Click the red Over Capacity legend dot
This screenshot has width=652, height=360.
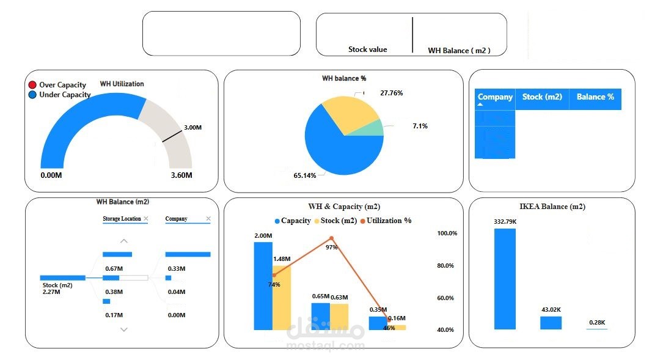click(x=32, y=85)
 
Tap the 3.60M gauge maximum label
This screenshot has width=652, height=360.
click(x=180, y=175)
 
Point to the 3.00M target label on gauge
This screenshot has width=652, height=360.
click(x=192, y=128)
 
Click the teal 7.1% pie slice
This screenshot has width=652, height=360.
click(x=375, y=128)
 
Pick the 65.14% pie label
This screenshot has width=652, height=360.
click(x=305, y=175)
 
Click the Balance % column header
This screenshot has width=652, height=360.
click(x=595, y=97)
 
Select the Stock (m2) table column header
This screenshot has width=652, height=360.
click(x=541, y=97)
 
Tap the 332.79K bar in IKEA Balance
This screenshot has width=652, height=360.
click(x=505, y=279)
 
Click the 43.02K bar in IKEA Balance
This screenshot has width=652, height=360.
click(x=551, y=323)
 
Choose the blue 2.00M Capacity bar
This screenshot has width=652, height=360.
click(x=263, y=285)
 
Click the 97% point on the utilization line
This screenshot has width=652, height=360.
click(x=331, y=238)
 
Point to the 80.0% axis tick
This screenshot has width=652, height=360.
click(x=446, y=266)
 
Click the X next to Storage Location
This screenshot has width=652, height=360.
click(x=145, y=219)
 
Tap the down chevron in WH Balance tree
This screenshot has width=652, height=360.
click(x=124, y=329)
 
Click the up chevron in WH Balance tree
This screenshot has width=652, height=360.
click(x=124, y=241)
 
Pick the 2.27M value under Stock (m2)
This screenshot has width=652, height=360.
click(x=51, y=292)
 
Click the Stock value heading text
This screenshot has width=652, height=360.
click(x=367, y=50)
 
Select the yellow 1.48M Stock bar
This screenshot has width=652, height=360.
click(x=282, y=298)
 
